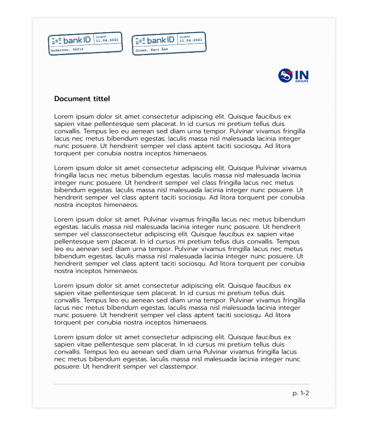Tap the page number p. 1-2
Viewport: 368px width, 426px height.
tap(301, 393)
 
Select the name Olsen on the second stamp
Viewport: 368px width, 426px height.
tap(140, 49)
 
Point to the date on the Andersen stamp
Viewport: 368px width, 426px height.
tap(107, 40)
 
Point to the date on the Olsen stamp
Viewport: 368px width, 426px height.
tap(190, 40)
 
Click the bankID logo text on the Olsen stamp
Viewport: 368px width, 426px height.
tap(161, 40)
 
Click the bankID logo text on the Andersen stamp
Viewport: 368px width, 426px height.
tap(77, 40)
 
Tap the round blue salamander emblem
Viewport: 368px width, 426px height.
tap(286, 76)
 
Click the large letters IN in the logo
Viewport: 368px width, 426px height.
tap(301, 75)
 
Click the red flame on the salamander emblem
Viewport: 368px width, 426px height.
tap(289, 72)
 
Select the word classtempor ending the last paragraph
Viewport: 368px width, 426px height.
tap(179, 367)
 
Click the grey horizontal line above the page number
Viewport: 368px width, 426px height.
tap(182, 384)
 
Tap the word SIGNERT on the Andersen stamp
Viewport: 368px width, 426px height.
tap(101, 36)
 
